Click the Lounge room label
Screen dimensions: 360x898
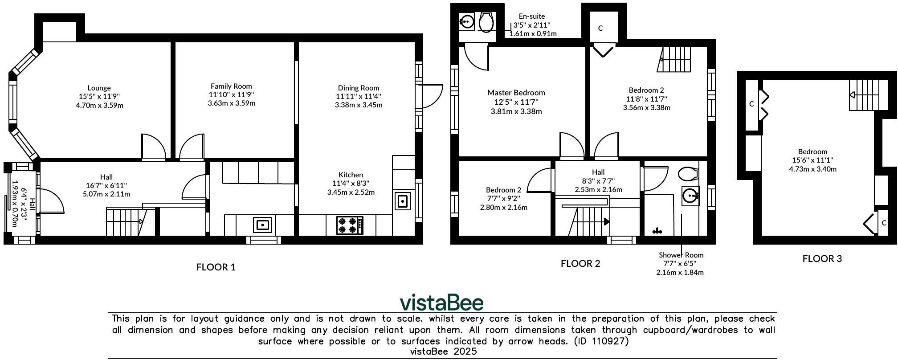pos(99,88)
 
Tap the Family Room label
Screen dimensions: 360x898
pos(231,86)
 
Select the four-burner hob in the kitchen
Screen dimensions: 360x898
pos(350,225)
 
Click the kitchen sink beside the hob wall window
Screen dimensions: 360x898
pos(402,201)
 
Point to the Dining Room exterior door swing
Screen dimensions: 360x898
pos(430,96)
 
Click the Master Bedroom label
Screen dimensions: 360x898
pos(516,93)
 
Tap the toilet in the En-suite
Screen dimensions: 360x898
pos(486,22)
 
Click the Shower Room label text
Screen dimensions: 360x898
pos(681,255)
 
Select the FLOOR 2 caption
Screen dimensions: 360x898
pos(580,263)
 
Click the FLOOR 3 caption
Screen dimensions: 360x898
pos(822,259)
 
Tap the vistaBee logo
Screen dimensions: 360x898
pos(441,303)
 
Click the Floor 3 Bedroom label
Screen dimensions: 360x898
pos(812,151)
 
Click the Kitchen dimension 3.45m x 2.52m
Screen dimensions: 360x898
pos(351,192)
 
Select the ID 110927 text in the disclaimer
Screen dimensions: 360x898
pos(601,341)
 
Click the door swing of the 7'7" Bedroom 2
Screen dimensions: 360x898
pos(540,180)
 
